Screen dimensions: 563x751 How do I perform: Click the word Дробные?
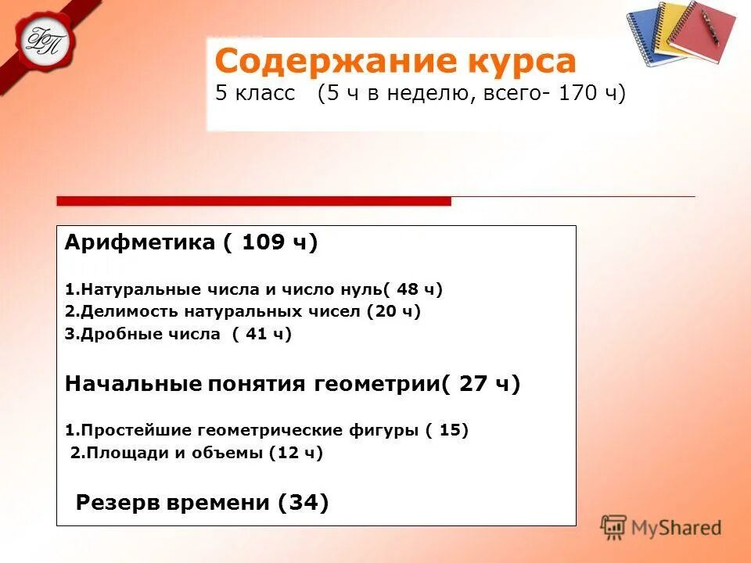point(118,334)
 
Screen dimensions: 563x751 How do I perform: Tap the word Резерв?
point(118,503)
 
